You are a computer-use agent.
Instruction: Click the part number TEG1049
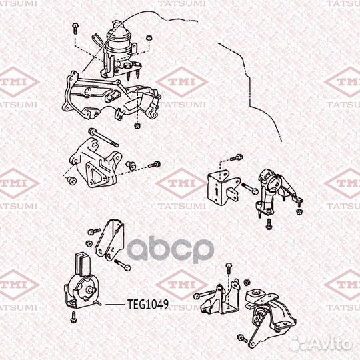(147, 305)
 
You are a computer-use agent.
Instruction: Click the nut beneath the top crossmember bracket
(137, 125)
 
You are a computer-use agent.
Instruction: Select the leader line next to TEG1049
(113, 305)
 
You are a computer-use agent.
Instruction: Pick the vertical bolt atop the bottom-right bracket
(229, 268)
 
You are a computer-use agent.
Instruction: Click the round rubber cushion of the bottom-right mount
(255, 295)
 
